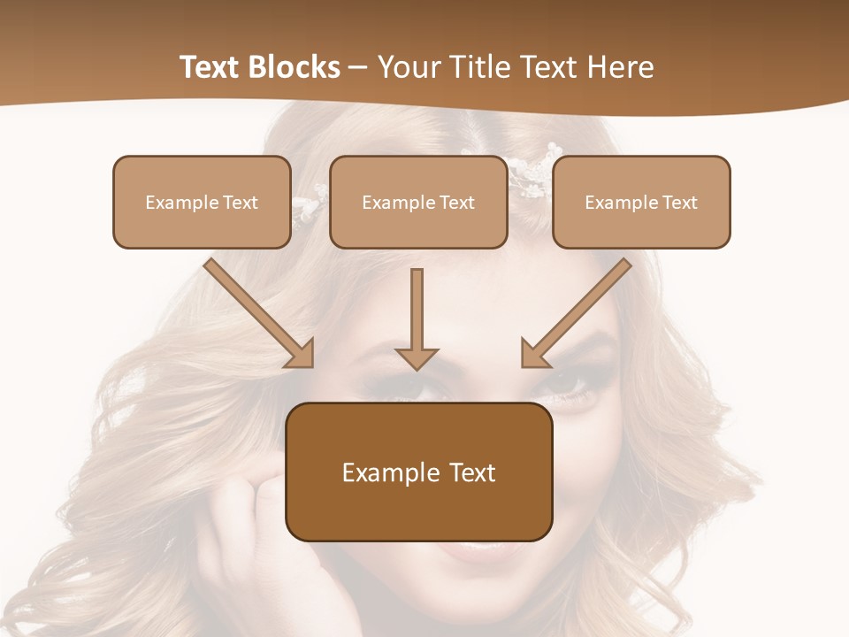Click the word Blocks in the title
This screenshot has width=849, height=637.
coord(295,67)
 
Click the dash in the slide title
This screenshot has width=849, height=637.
coord(358,68)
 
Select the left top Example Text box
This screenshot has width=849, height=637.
coord(202,202)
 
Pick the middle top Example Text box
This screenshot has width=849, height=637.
coord(418,202)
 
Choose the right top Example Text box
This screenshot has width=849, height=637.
coord(641,202)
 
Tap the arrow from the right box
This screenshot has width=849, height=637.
coord(579,310)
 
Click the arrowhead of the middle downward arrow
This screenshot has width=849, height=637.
coord(417,357)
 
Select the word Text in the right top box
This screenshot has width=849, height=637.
coord(679,203)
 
